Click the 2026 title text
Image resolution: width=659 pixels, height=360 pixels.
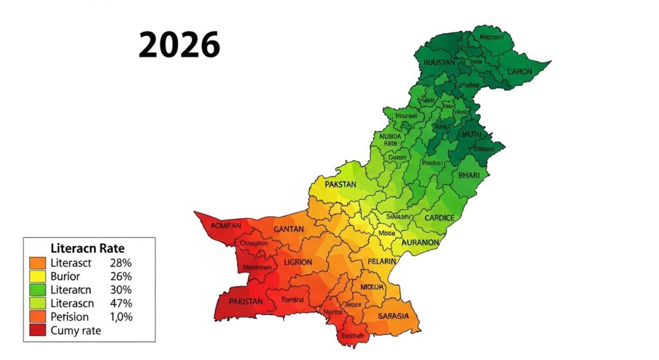click(x=179, y=46)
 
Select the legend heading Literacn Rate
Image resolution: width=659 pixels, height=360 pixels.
click(x=87, y=248)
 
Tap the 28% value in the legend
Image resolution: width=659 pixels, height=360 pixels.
click(x=121, y=263)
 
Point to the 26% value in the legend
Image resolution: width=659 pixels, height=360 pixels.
click(x=121, y=276)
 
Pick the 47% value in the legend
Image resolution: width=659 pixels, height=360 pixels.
click(x=121, y=303)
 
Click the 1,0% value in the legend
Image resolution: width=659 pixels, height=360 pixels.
click(x=121, y=317)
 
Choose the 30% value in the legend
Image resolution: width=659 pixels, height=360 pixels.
click(x=121, y=290)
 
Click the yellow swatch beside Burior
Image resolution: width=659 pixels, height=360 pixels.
click(x=37, y=276)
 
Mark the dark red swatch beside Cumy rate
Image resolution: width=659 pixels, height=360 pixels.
click(x=37, y=330)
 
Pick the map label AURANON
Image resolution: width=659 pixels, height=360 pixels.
click(x=420, y=243)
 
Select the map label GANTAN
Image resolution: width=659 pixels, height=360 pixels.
click(x=289, y=229)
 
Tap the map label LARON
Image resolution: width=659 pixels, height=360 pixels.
click(x=519, y=71)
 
